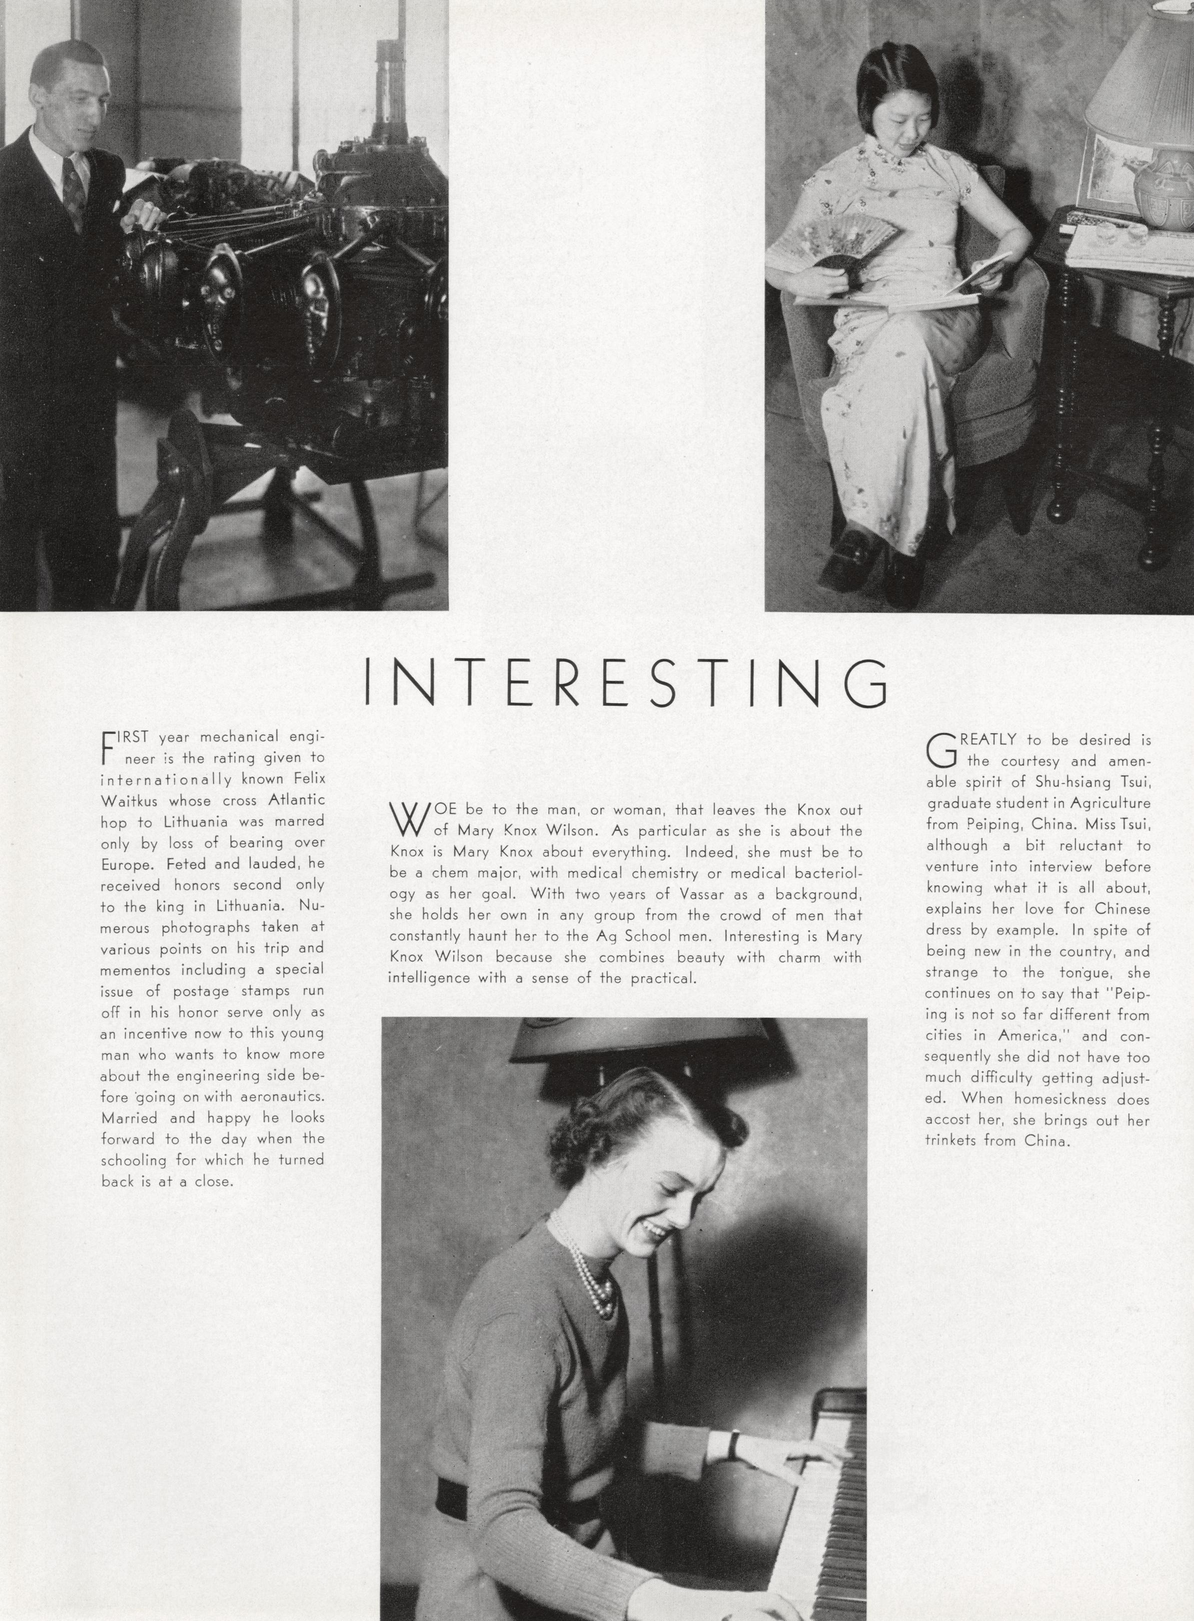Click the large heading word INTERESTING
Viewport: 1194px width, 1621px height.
(626, 682)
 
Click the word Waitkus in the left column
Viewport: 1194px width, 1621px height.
(124, 801)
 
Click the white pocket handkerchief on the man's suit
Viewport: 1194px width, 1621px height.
(115, 204)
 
